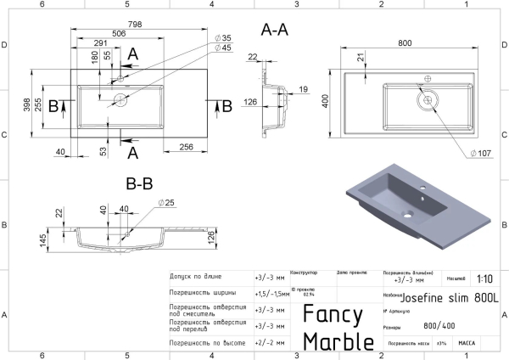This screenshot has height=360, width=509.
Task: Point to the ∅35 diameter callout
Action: (x=222, y=37)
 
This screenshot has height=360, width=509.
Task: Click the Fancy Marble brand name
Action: (x=338, y=328)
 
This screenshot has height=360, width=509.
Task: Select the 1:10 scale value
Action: (x=484, y=278)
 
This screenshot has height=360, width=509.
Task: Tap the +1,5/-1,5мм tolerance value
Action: (x=271, y=292)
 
